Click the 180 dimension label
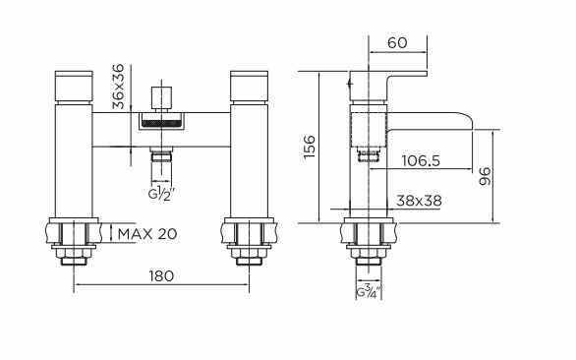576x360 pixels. [161, 275]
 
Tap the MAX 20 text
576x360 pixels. [147, 233]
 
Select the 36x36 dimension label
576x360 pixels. [119, 87]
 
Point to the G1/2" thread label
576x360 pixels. [160, 194]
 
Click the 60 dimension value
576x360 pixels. [397, 42]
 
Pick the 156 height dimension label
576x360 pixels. [310, 147]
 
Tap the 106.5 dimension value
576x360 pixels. [421, 160]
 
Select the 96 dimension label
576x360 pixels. [486, 176]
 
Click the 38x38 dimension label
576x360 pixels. [419, 201]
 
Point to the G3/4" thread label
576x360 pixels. [369, 291]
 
